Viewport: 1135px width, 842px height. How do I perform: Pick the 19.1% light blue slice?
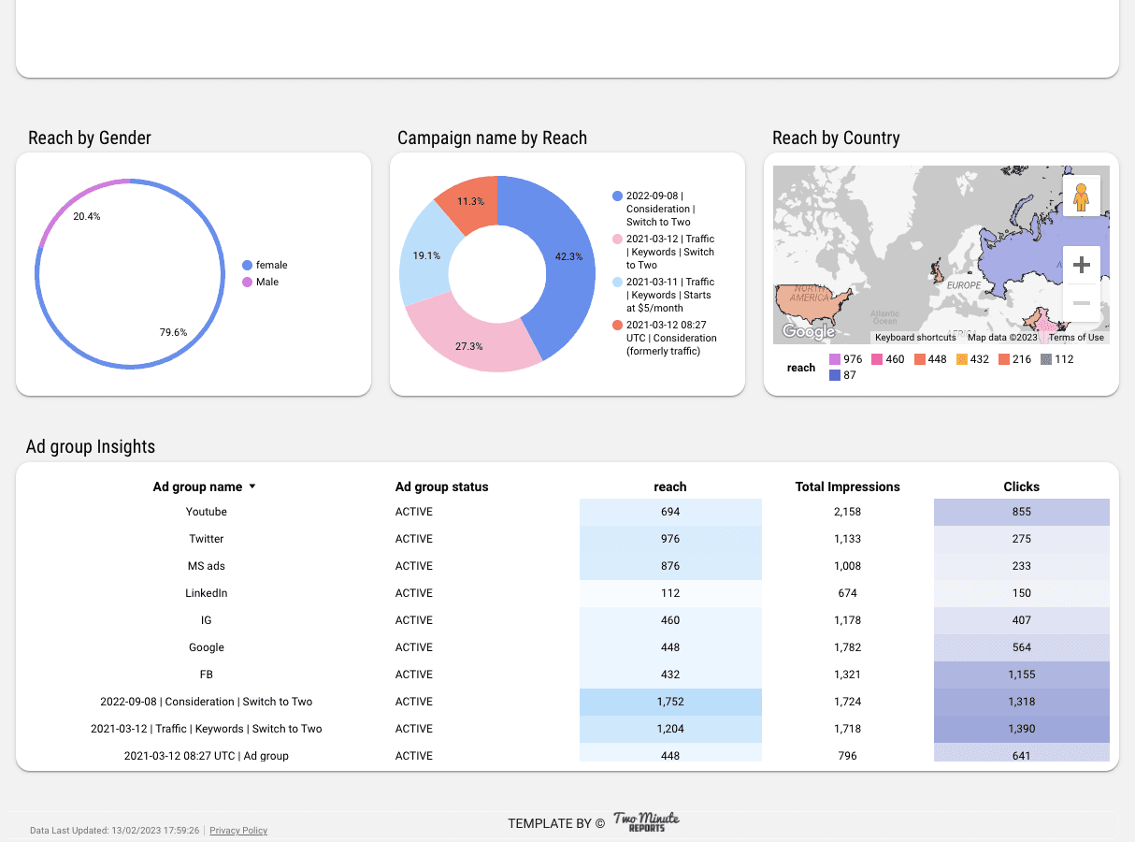[x=424, y=257]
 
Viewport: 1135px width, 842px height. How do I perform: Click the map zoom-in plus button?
[x=1082, y=265]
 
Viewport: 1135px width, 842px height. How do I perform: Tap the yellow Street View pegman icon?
[x=1082, y=196]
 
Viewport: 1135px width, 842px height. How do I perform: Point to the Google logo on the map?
[x=809, y=332]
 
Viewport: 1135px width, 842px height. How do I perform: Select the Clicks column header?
[x=1021, y=486]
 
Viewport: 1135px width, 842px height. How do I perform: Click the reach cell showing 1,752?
[x=670, y=702]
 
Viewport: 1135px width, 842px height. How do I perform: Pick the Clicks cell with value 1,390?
[x=1021, y=729]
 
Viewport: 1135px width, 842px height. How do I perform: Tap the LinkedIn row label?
[x=207, y=593]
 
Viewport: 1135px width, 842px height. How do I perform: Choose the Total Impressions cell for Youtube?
[x=847, y=512]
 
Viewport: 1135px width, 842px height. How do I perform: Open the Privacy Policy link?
[x=238, y=831]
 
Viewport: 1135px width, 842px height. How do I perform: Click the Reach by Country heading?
[x=836, y=138]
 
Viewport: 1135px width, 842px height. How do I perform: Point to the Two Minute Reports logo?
[x=646, y=822]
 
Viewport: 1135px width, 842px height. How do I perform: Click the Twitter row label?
[x=207, y=539]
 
